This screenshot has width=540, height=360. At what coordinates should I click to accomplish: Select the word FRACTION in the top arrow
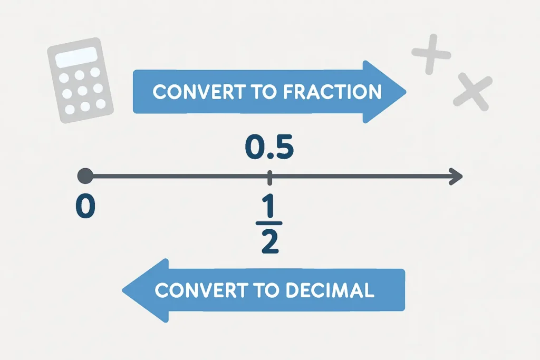click(332, 92)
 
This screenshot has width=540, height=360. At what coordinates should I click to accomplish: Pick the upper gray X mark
click(431, 53)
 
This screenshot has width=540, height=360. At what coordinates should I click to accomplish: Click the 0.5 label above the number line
click(269, 149)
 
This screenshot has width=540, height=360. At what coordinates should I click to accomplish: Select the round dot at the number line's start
click(85, 176)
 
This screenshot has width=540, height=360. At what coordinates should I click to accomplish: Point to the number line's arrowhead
click(457, 176)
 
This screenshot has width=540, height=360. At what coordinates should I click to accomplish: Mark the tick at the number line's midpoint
click(269, 177)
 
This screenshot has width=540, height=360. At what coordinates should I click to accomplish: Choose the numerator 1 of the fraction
click(269, 209)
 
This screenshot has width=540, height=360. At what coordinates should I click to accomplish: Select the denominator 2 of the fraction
click(269, 244)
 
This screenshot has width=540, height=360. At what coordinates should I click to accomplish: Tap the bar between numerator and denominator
click(269, 226)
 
